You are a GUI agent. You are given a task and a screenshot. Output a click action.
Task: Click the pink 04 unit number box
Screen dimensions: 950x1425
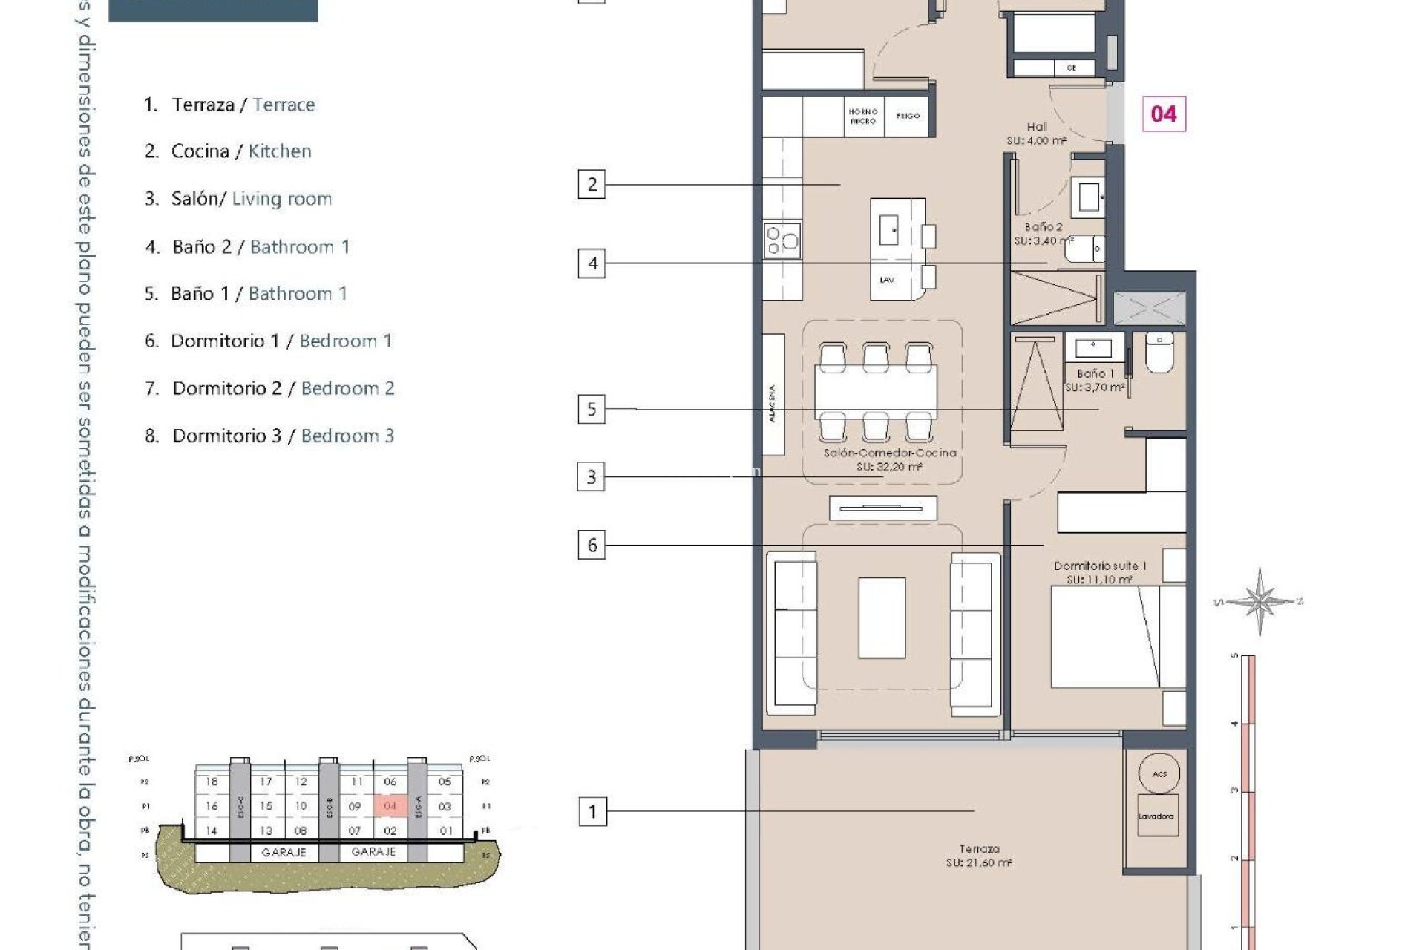click(1163, 114)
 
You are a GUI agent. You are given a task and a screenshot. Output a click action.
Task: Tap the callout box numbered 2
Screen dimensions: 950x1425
click(592, 184)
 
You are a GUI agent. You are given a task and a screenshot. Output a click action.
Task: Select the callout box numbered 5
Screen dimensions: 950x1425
click(592, 409)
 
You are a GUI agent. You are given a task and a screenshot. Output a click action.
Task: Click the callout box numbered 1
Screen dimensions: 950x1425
click(592, 811)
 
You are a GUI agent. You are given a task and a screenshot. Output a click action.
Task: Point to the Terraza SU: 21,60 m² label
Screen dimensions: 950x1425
click(979, 856)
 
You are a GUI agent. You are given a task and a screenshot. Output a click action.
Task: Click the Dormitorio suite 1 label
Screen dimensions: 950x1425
click(1100, 572)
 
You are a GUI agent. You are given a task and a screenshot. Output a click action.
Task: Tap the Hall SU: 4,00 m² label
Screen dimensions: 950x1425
click(1036, 134)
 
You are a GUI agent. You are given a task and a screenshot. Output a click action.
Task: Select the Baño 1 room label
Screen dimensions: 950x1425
click(1095, 380)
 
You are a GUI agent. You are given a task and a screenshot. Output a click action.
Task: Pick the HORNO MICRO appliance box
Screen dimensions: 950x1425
click(863, 117)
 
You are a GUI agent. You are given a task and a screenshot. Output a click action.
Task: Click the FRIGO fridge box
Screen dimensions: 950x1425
click(907, 117)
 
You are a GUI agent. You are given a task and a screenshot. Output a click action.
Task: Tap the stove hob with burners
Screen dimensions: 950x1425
click(782, 240)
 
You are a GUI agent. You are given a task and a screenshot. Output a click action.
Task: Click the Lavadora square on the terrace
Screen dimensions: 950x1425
click(1156, 816)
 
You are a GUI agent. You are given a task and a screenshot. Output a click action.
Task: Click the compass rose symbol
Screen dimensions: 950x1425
click(1259, 601)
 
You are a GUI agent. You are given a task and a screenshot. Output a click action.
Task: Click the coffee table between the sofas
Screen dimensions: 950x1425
click(882, 617)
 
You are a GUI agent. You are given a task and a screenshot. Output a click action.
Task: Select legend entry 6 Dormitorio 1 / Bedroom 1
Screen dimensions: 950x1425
click(268, 341)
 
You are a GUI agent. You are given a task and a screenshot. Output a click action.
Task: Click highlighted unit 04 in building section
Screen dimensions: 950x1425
click(390, 806)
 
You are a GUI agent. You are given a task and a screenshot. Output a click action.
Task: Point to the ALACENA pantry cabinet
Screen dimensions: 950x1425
click(773, 395)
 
